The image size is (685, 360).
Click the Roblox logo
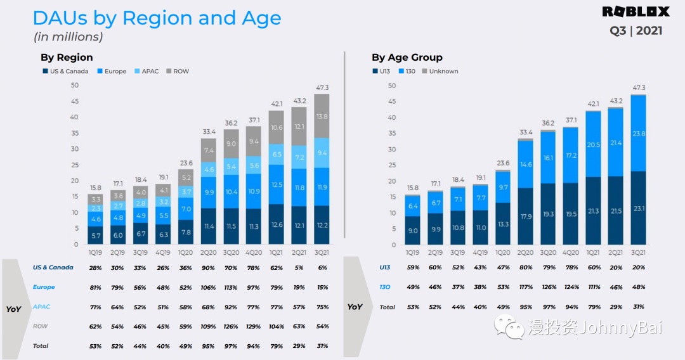point(636,12)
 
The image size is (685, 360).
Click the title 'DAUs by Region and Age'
point(157,18)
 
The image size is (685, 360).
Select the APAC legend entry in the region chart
point(147,71)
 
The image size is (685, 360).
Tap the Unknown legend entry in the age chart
point(440,71)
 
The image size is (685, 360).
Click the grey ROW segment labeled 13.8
point(322,116)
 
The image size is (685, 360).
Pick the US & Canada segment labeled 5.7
point(95,235)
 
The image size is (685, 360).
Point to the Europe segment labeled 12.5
point(277,184)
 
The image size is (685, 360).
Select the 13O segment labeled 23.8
point(638,134)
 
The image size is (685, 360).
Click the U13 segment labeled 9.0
point(413,231)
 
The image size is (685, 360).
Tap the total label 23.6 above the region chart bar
point(186,163)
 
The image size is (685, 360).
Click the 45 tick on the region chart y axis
point(75,101)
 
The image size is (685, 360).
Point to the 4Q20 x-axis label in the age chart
point(571,253)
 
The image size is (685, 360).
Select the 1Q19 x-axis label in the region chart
point(95,253)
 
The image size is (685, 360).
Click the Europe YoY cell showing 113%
point(231,288)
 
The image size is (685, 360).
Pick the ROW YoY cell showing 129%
point(253,326)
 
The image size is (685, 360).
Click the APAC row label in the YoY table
point(41,307)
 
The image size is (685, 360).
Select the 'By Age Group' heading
point(407,57)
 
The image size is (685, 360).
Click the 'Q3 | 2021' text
point(636,30)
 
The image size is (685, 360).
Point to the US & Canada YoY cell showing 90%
point(208,268)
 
